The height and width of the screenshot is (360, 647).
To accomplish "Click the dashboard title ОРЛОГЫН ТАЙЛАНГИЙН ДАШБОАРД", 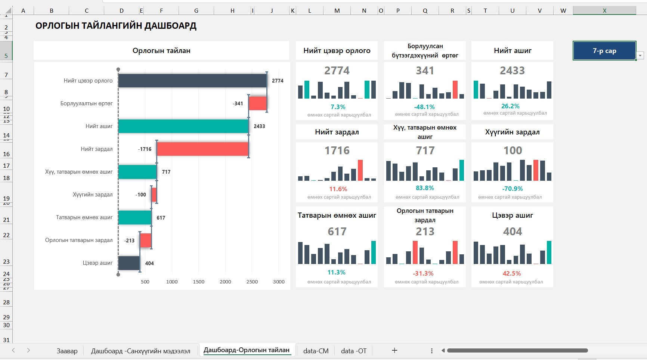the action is coord(116,26).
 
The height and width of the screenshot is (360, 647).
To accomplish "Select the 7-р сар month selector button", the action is coord(604,51).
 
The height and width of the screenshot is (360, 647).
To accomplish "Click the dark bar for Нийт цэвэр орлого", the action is coord(192,81).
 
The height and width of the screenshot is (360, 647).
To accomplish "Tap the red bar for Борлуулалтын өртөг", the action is coord(258,103).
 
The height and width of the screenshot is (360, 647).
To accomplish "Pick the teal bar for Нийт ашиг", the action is coord(183,126).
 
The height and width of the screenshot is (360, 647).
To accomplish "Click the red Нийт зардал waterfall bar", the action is coord(203,149).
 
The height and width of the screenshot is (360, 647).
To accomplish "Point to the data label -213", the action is coord(129,240).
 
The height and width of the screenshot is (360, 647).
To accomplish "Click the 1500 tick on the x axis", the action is coord(198,282).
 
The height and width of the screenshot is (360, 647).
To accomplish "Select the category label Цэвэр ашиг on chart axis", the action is coord(97,263).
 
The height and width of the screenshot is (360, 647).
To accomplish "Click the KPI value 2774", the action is coord(337,71).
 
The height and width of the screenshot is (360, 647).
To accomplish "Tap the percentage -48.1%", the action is coord(424,107).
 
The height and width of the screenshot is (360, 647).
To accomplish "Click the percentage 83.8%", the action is coord(425,188).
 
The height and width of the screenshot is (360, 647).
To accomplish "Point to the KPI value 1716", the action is coord(337,150).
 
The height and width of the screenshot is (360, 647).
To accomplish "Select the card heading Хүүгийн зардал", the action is coord(512,132).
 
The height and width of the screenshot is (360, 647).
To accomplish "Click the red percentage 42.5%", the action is coord(512,273).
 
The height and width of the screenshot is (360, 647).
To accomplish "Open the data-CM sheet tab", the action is coord(316,351).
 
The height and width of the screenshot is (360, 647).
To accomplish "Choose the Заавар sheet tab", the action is coord(67,351).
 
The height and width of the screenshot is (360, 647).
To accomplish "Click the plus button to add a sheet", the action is coord(394,350).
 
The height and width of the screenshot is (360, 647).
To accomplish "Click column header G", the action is coord(196,11).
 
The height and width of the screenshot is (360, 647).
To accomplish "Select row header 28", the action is coord(6,302).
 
